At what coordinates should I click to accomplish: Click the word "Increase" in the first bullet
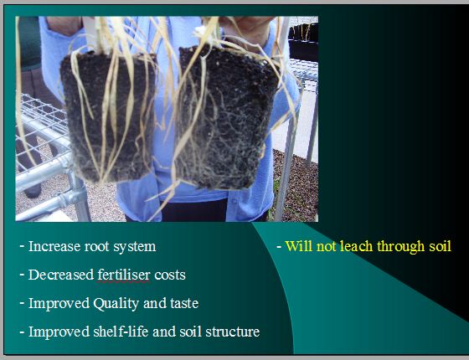(54, 246)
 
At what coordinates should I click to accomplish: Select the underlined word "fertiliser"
(124, 275)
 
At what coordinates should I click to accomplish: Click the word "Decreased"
(61, 275)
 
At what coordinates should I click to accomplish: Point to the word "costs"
(170, 275)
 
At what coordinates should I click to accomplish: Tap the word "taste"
(184, 303)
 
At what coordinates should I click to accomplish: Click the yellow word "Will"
(299, 246)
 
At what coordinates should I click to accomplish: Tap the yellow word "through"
(401, 247)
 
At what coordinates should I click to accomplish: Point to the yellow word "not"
(327, 247)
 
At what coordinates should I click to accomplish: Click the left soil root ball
(108, 116)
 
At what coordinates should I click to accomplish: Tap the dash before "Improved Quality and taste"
(22, 303)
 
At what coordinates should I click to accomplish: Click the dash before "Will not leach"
(279, 246)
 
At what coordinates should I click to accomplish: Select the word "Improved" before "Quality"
(59, 303)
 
